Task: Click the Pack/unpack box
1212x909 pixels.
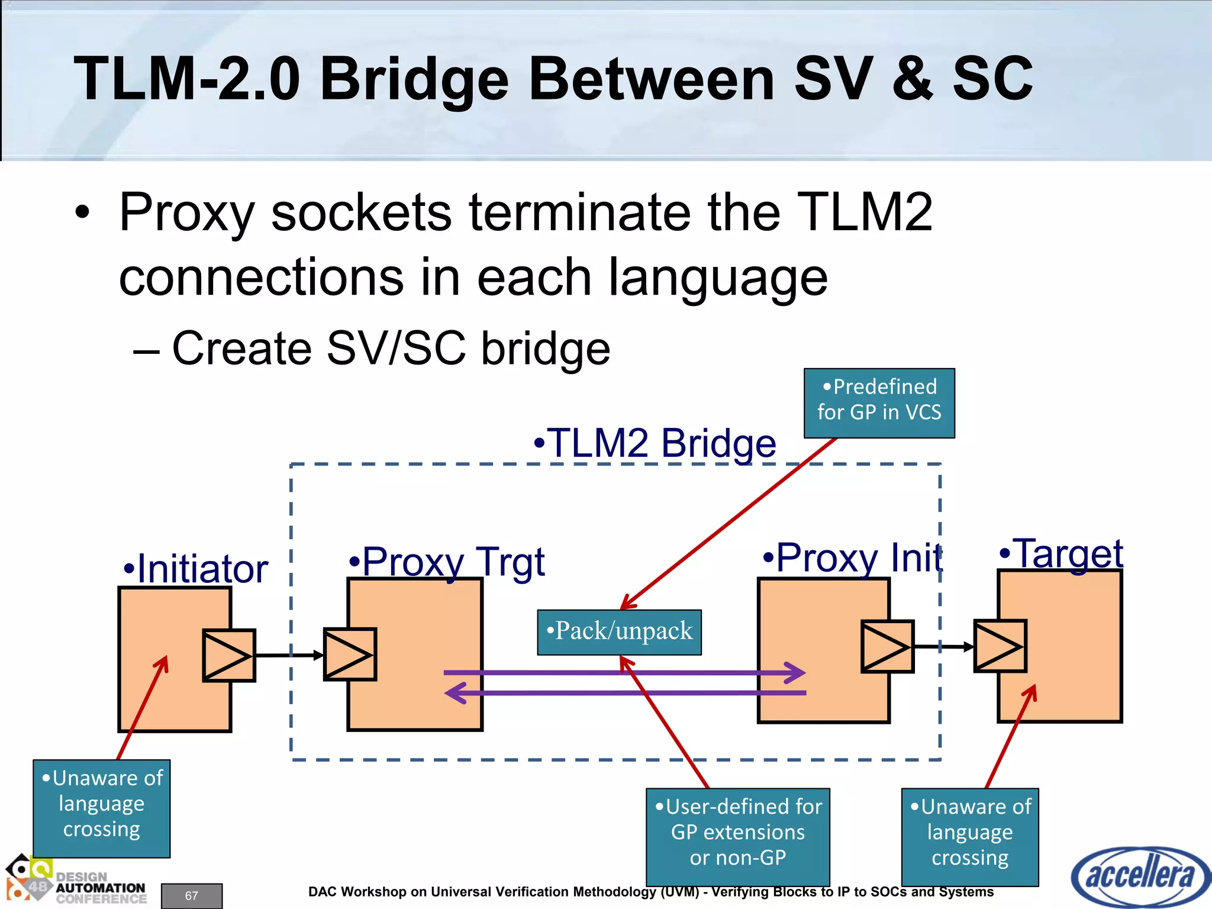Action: pos(619,632)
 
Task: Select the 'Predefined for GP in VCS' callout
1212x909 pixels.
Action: pos(879,403)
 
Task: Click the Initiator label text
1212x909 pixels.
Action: pos(196,569)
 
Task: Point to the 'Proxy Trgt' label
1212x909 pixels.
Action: pos(447,561)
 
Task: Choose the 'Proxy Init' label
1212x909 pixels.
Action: pos(852,557)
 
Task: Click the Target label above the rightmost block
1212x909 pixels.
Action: pos(1061,554)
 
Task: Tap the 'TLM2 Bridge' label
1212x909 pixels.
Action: pos(655,443)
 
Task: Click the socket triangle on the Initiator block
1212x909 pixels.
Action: pos(229,656)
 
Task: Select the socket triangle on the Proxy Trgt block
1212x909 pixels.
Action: pos(350,655)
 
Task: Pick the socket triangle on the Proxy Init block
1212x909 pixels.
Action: pos(887,647)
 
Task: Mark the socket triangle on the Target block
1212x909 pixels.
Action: pos(1000,646)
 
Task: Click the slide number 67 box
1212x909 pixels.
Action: pos(192,896)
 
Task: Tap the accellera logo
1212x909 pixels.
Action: pos(1140,876)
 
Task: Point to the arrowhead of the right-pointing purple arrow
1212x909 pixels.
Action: pos(796,673)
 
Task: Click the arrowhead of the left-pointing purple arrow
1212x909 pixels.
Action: pos(454,693)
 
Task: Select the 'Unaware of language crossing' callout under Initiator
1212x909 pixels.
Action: pos(102,808)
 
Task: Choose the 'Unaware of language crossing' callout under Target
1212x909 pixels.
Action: pos(970,837)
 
